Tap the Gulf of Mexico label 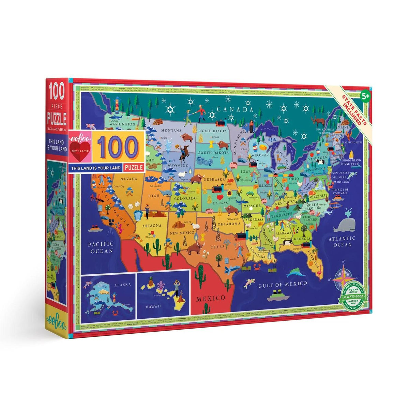point(283,284)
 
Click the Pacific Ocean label point(100,247)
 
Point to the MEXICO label point(210,298)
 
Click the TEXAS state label point(217,246)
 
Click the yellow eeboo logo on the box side point(57,312)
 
